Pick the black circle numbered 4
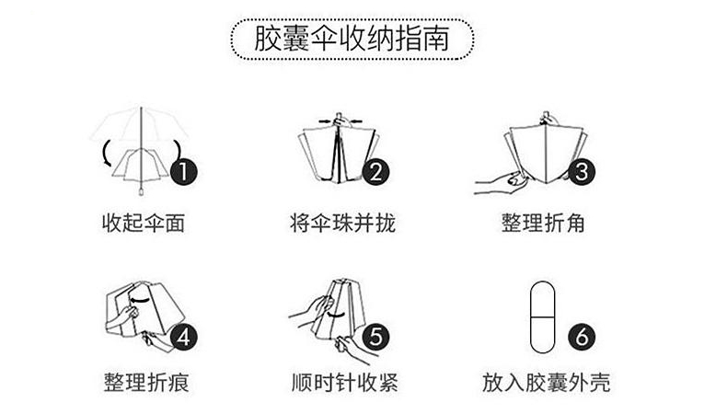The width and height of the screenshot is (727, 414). [185, 336]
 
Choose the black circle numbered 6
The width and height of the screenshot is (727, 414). [582, 336]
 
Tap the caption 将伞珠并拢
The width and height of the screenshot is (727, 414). [341, 223]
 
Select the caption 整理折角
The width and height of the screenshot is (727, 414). [543, 223]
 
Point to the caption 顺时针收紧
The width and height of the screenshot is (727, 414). [342, 381]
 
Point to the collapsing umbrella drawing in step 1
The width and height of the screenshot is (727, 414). [138, 152]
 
